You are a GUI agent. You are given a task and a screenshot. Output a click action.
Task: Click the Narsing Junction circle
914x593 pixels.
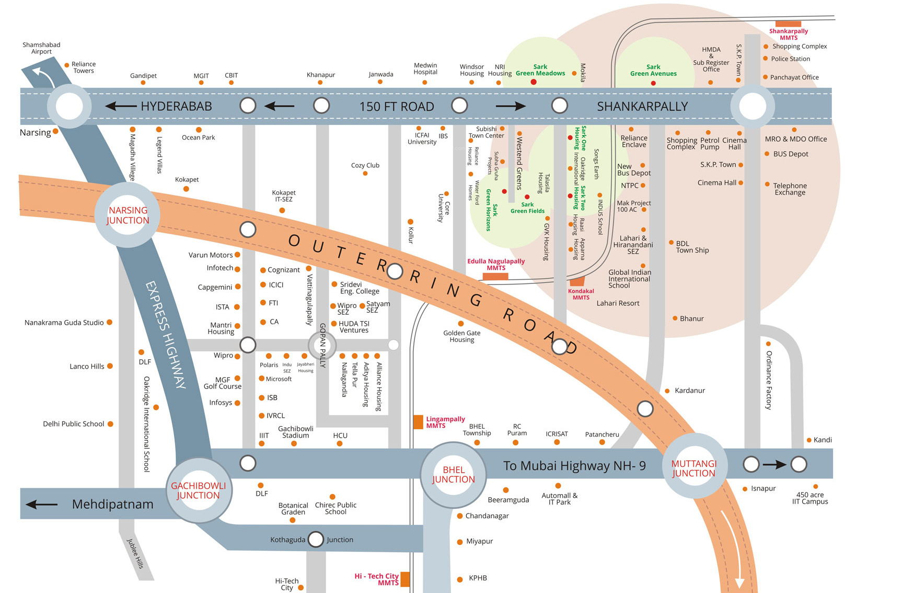(x=128, y=215)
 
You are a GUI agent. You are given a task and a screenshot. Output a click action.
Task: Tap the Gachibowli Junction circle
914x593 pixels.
(x=199, y=491)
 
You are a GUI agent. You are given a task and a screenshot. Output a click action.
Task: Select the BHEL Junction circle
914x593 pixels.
(x=453, y=474)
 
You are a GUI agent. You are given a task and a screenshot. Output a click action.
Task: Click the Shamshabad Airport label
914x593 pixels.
(x=41, y=48)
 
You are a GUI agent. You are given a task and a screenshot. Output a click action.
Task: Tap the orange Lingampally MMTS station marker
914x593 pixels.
(x=418, y=422)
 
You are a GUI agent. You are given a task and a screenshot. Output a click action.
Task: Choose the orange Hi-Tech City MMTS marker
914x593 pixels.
(x=405, y=579)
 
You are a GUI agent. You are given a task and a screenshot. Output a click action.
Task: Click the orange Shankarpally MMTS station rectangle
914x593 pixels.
(x=788, y=24)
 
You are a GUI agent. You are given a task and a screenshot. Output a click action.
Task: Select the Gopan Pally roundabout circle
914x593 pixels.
(x=322, y=345)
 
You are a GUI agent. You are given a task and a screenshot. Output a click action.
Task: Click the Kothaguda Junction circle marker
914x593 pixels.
(x=316, y=539)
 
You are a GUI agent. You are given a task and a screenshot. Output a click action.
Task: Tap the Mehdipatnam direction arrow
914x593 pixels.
(x=41, y=505)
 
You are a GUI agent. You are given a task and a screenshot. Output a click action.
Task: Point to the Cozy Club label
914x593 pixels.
(x=365, y=165)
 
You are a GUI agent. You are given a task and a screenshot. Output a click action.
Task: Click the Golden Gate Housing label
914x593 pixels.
(x=462, y=336)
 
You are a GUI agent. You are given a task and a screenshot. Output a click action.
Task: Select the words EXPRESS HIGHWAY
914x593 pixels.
(x=166, y=335)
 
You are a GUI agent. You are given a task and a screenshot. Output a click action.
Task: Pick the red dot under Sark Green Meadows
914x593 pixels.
(x=534, y=82)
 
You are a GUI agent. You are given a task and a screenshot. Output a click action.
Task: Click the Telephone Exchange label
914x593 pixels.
(x=790, y=189)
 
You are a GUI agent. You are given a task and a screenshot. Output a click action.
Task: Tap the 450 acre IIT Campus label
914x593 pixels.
(x=810, y=498)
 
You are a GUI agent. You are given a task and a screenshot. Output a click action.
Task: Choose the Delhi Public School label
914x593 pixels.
(x=74, y=424)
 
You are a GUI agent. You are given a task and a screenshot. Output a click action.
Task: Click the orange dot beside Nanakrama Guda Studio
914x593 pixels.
(x=110, y=322)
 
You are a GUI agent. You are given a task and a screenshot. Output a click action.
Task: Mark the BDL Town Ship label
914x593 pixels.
(x=692, y=247)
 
